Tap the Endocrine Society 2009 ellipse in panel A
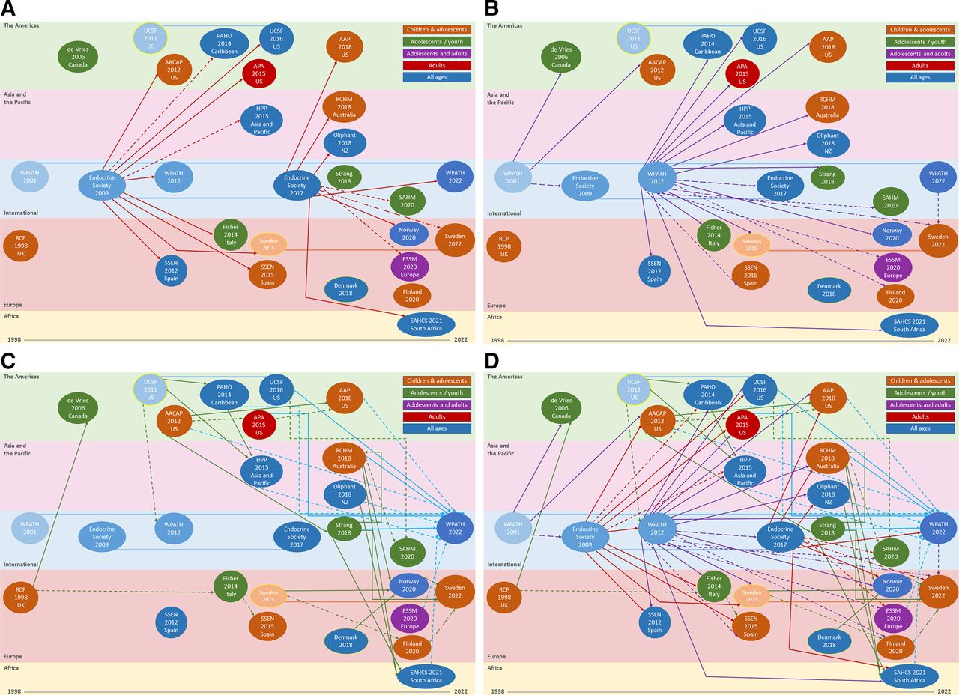(101, 184)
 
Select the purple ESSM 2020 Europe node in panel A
(410, 266)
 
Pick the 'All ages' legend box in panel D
(919, 428)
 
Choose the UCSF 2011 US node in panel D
(634, 388)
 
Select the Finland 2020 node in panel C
(412, 647)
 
